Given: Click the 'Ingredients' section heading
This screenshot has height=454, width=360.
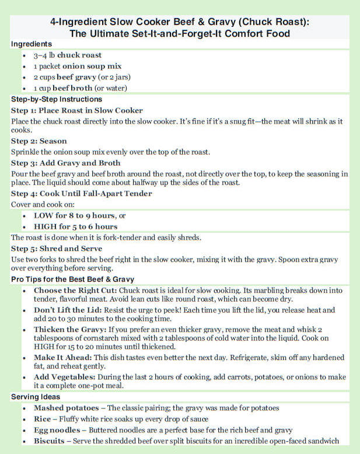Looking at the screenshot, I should [32, 44].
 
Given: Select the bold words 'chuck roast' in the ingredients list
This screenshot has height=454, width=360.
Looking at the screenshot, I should [79, 55].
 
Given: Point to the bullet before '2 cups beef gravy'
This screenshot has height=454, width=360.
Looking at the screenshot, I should [23, 77].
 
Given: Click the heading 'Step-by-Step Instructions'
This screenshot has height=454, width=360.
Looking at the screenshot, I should [57, 99].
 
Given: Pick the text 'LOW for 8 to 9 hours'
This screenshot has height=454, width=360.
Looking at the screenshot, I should [74, 215].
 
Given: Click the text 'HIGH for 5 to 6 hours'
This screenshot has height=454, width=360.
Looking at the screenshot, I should [75, 226].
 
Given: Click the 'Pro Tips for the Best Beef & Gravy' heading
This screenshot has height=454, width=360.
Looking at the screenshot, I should [72, 280].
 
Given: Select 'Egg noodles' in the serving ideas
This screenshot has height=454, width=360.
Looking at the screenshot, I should [57, 430].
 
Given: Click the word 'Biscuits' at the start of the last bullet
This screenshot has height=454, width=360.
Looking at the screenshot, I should [49, 441].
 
